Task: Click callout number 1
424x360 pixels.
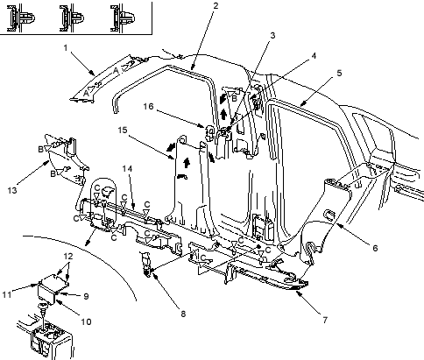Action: pyautogui.click(x=66, y=47)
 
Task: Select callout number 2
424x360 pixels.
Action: pyautogui.click(x=216, y=5)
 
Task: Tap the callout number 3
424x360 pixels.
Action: pyautogui.click(x=272, y=35)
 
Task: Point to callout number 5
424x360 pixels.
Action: pyautogui.click(x=339, y=73)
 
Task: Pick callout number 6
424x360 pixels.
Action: pyautogui.click(x=375, y=248)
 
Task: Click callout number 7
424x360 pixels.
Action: pyautogui.click(x=325, y=320)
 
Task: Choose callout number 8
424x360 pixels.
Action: pyautogui.click(x=183, y=314)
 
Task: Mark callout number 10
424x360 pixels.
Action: pyautogui.click(x=86, y=321)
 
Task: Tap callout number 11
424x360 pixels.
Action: pyautogui.click(x=7, y=294)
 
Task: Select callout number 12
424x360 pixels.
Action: pyautogui.click(x=68, y=257)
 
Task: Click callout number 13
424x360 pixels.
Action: pyautogui.click(x=12, y=190)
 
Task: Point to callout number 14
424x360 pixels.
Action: pyautogui.click(x=127, y=169)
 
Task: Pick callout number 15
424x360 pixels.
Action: pyautogui.click(x=123, y=130)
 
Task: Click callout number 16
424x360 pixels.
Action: pyautogui.click(x=148, y=106)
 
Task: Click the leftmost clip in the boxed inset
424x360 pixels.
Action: pyautogui.click(x=20, y=18)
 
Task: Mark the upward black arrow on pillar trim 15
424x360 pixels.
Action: pyautogui.click(x=187, y=162)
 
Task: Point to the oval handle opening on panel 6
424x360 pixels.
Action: pyautogui.click(x=329, y=215)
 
